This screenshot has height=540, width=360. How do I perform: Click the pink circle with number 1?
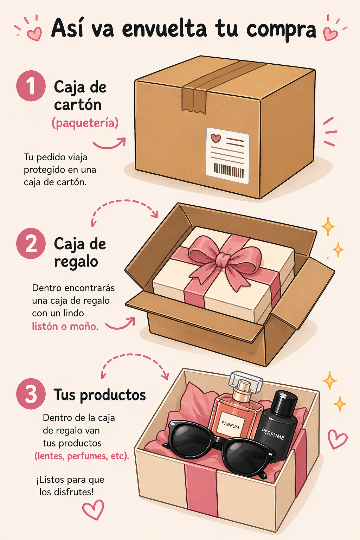(31, 86)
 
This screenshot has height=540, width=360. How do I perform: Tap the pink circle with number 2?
(31, 244)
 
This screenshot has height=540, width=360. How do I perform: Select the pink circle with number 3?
(31, 394)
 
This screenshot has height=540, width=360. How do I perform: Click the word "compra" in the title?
(281, 30)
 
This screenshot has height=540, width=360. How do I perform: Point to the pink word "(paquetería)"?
(85, 123)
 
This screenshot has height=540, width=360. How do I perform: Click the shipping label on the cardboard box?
(227, 155)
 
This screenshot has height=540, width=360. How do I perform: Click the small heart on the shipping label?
(216, 138)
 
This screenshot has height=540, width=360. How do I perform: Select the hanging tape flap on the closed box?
(193, 100)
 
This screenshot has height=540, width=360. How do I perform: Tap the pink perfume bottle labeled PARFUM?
(235, 415)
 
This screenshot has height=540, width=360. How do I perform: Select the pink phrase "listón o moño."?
(65, 326)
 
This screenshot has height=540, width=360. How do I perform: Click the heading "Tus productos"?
(99, 395)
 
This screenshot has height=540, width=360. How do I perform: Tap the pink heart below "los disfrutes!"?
(93, 510)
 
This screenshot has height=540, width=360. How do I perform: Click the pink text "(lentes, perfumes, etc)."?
(82, 456)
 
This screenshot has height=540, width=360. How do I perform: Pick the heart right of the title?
(330, 33)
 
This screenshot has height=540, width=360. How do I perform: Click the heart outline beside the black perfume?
(337, 439)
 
